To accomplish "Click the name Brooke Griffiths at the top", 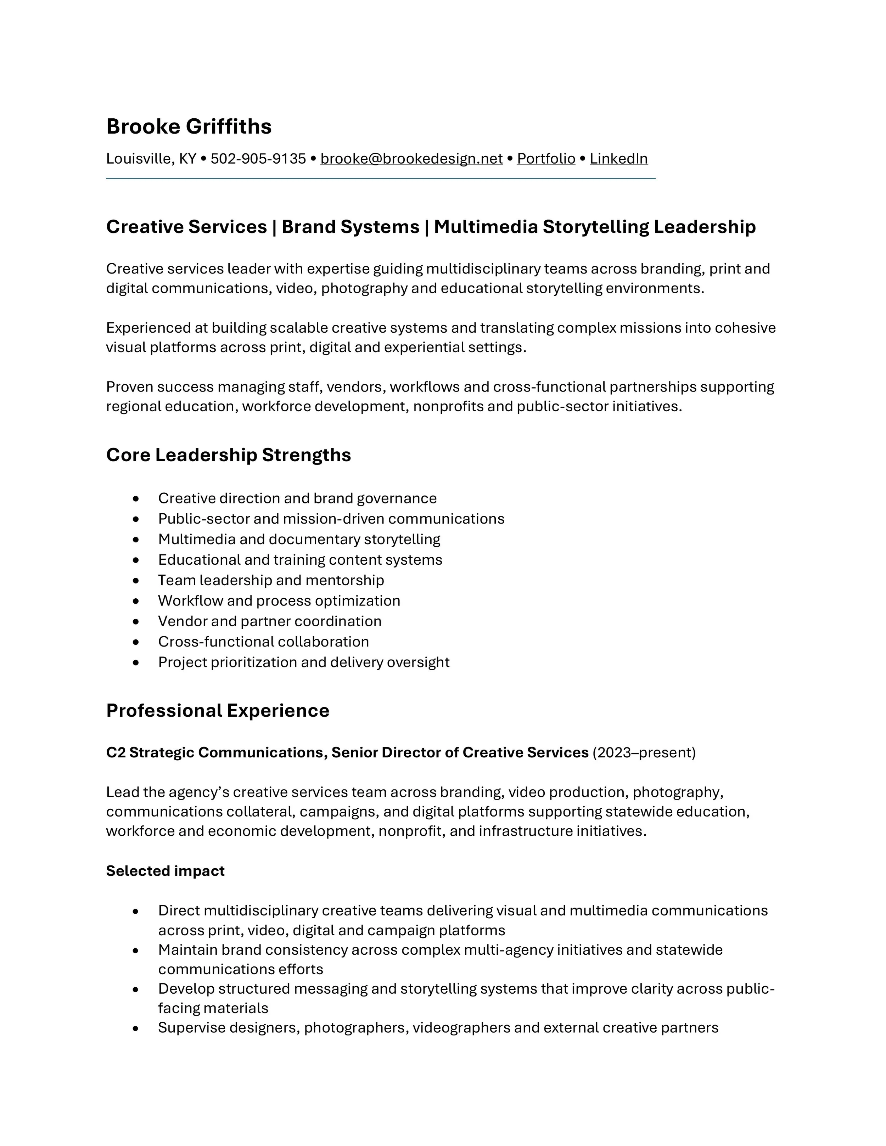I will [189, 126].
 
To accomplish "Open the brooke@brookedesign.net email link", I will [411, 158].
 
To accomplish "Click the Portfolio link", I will [546, 158].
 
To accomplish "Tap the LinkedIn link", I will [618, 158].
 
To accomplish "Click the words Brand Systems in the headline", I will [350, 227].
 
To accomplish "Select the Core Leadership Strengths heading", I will [228, 455].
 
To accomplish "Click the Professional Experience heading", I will [217, 711].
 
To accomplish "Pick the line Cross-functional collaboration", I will [263, 642].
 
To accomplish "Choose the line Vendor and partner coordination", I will [269, 621].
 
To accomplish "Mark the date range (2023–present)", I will [644, 752].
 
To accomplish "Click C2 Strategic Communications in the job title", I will [217, 752].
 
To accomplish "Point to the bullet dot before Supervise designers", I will [136, 1028].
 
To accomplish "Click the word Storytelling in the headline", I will [596, 227].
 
